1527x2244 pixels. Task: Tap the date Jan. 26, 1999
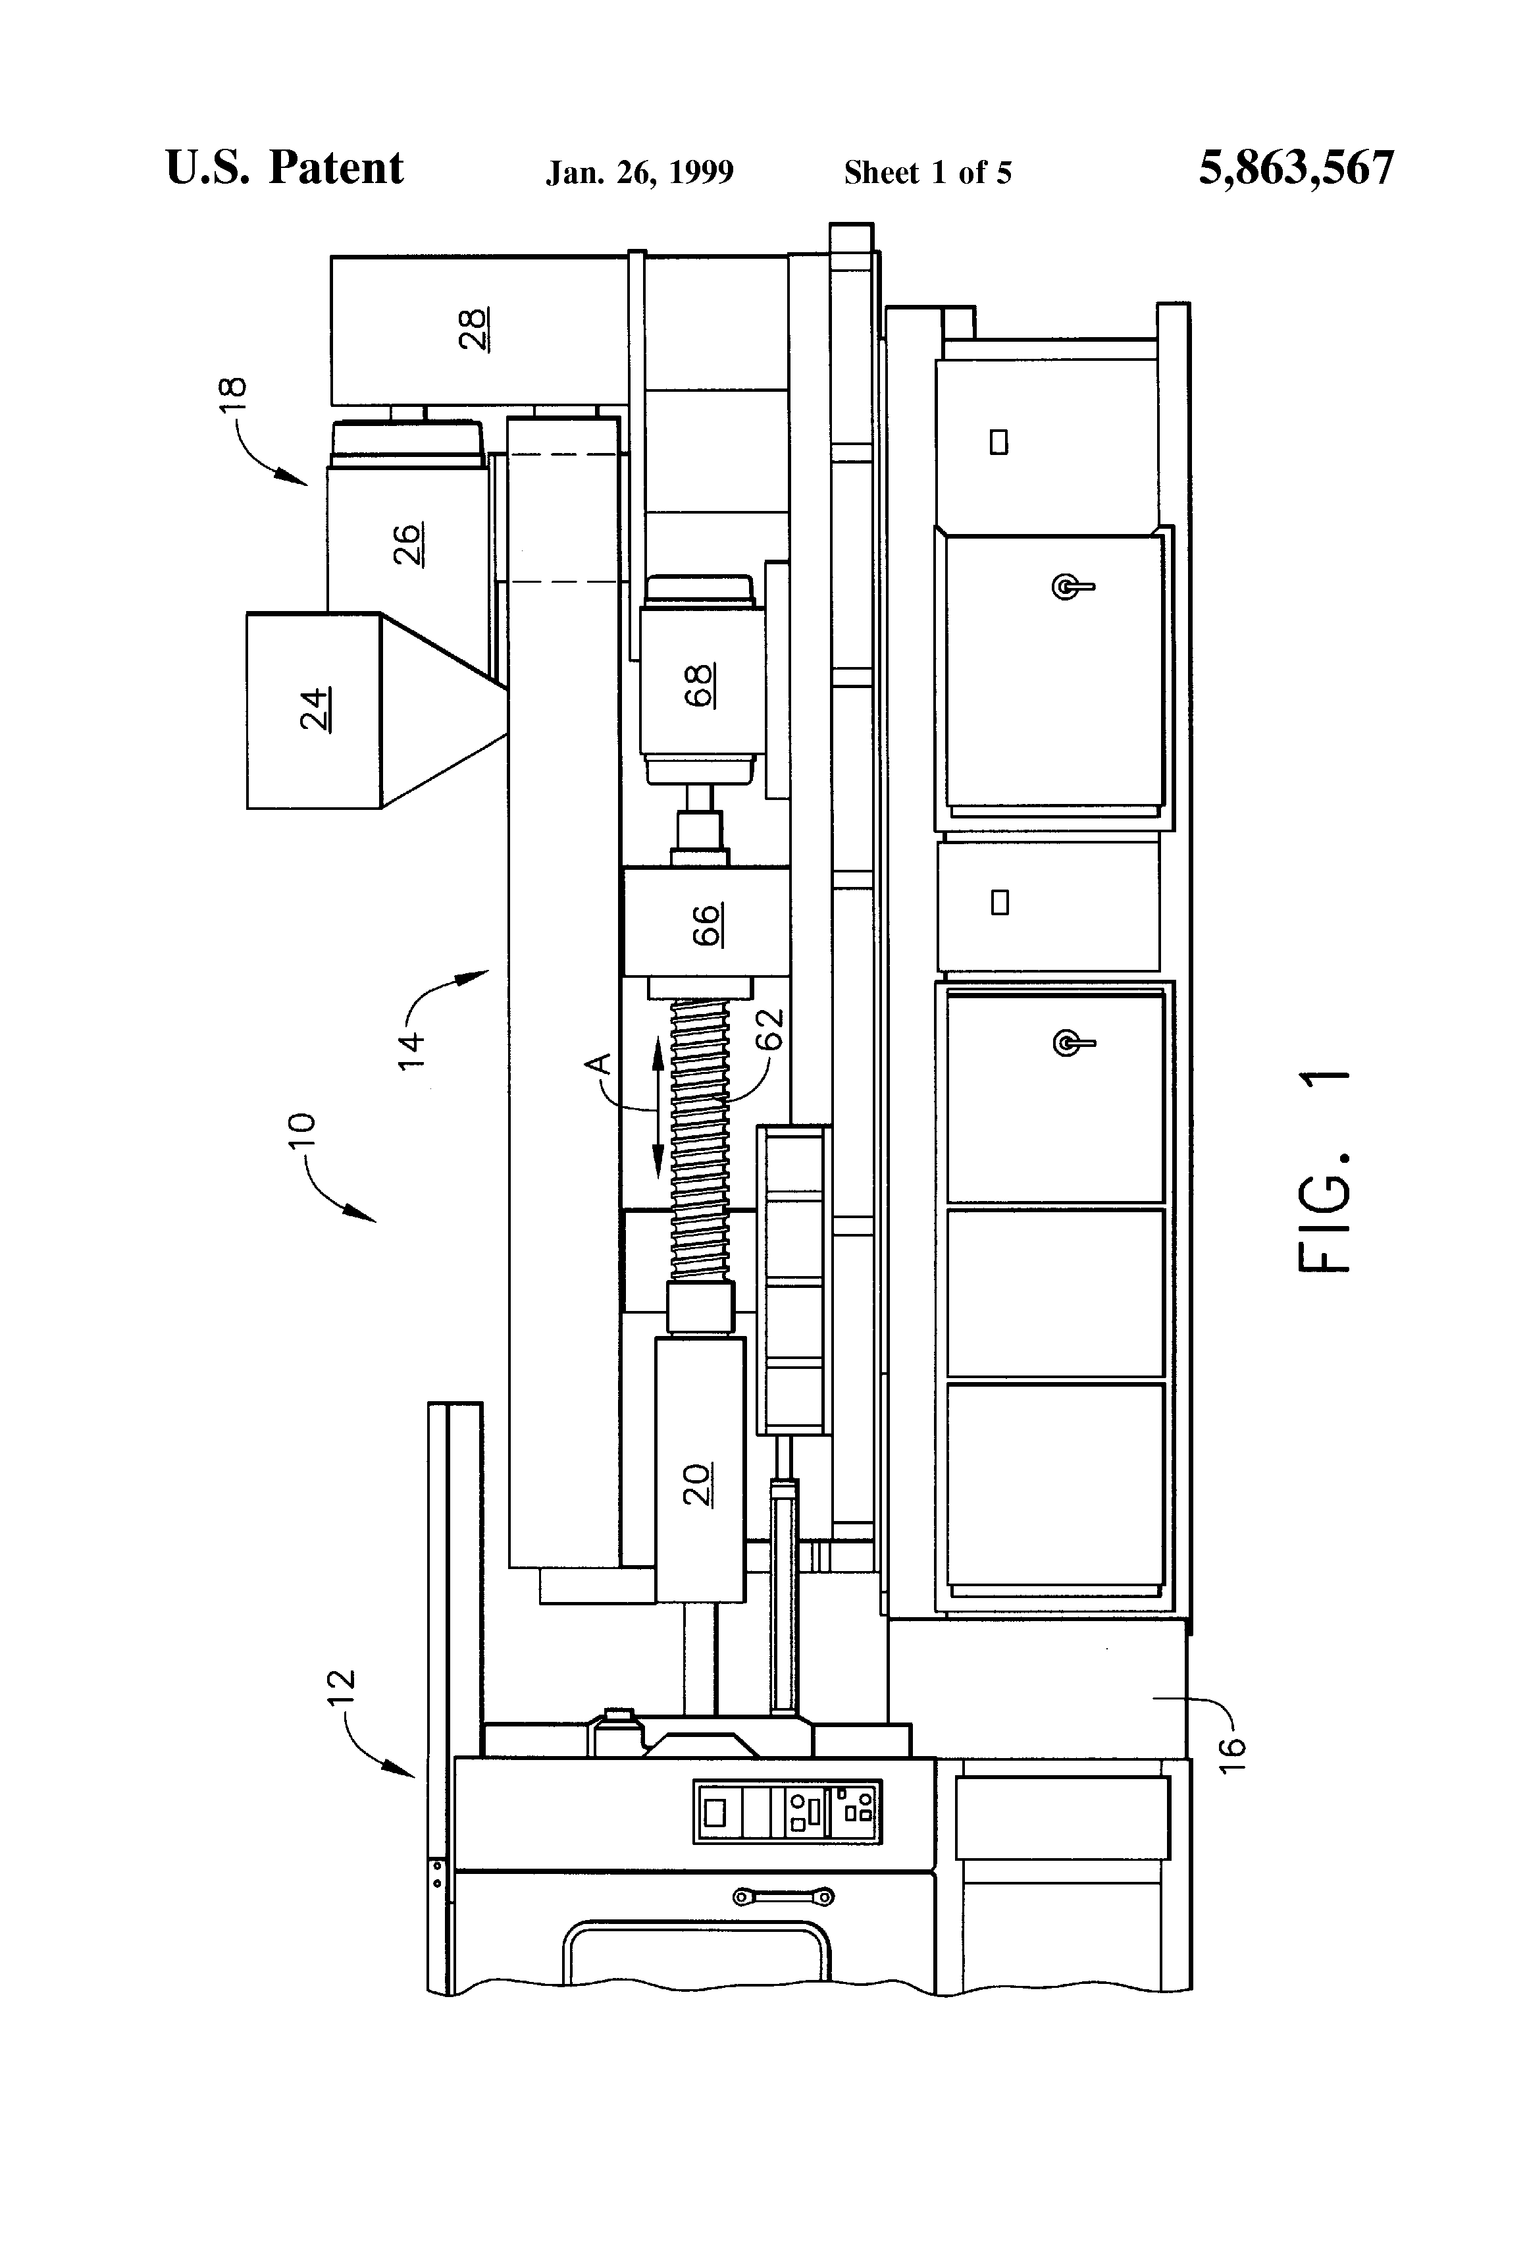coord(639,173)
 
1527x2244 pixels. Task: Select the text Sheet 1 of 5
coord(927,173)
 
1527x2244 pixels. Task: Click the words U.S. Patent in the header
coord(285,168)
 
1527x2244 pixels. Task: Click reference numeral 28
coord(474,329)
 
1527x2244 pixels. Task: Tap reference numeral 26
coord(408,544)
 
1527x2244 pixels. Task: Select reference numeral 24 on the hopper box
coord(316,710)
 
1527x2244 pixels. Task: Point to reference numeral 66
coord(708,924)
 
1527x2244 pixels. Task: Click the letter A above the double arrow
coord(600,1064)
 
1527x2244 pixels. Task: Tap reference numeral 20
coord(698,1484)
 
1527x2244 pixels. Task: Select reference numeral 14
coord(411,1050)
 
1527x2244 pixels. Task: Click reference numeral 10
coord(302,1130)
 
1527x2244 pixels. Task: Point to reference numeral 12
coord(342,1688)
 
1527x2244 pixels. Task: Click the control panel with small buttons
coord(787,1813)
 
